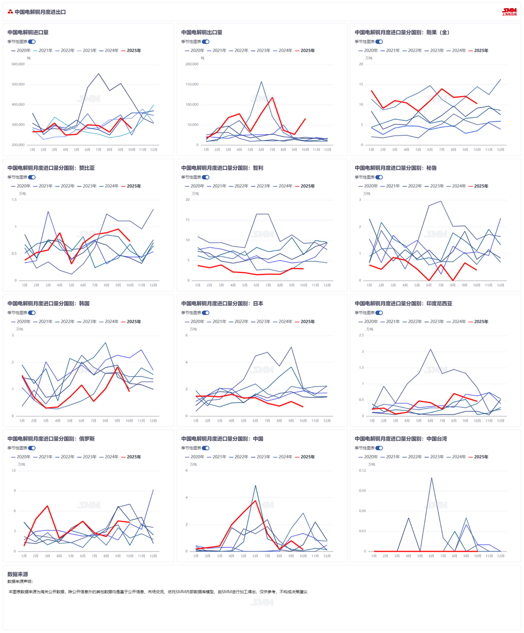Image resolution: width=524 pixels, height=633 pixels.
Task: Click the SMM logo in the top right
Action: tap(509, 11)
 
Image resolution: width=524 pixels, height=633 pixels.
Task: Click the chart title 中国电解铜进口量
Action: tap(28, 32)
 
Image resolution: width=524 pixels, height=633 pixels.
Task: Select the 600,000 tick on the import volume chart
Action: tap(18, 65)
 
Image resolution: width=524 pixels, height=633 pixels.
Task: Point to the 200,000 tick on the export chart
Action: tap(191, 65)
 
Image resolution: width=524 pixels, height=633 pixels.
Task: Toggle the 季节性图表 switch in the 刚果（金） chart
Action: tap(379, 41)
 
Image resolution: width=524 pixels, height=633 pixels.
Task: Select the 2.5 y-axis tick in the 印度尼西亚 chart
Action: tap(361, 335)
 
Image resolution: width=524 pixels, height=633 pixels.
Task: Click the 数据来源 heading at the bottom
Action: tap(17, 575)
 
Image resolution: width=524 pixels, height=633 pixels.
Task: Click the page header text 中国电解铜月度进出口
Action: tap(40, 12)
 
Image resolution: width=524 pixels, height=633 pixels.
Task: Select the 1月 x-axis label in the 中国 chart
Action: tap(196, 556)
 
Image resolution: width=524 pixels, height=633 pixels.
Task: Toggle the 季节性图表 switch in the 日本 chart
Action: tap(206, 312)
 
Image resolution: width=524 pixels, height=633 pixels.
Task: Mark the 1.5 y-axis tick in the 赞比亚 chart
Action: tap(14, 200)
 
